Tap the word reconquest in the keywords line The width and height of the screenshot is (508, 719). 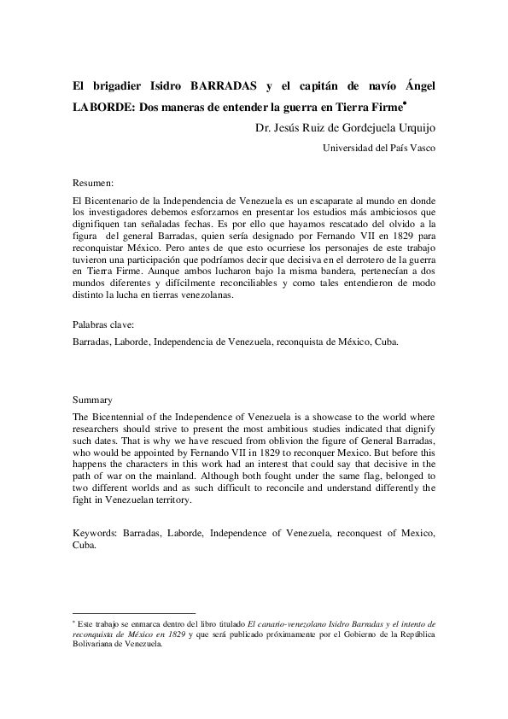coord(363,532)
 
